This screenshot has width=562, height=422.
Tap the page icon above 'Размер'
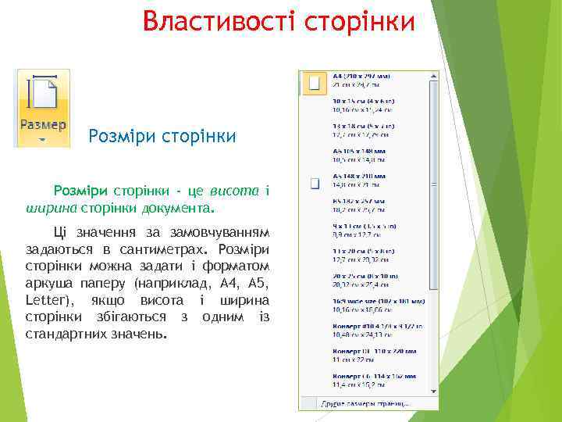click(x=43, y=93)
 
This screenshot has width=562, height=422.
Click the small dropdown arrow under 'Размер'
click(x=43, y=141)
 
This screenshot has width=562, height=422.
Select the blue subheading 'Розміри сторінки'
click(x=162, y=137)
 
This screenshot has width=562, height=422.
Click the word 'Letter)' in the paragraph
click(x=50, y=300)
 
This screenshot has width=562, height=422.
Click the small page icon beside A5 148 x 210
click(x=315, y=184)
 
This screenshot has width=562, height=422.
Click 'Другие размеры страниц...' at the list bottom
click(x=365, y=403)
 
